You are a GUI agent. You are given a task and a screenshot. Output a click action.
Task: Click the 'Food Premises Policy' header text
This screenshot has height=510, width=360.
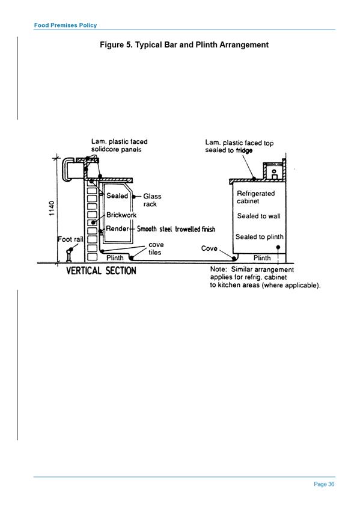pos(66,25)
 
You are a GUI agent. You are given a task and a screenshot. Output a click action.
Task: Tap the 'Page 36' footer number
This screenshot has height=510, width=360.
pos(324,484)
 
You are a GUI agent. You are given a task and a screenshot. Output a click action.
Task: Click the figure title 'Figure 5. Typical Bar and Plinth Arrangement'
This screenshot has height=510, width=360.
pos(185,45)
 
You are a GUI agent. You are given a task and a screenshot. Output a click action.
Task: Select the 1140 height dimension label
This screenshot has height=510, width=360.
pos(51,209)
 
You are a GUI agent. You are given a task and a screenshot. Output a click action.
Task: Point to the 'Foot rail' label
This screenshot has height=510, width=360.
pos(70,239)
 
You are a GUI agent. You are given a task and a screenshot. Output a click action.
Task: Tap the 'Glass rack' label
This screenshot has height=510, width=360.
pos(152,200)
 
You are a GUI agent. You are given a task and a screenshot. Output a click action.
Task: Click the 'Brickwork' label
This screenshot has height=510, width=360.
pos(121,215)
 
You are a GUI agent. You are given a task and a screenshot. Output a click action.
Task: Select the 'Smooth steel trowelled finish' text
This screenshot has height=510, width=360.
pos(176,229)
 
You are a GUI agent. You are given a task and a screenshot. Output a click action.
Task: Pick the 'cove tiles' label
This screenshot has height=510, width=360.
pos(156,248)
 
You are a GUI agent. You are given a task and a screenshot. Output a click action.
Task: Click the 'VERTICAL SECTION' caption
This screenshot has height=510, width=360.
pos(101,271)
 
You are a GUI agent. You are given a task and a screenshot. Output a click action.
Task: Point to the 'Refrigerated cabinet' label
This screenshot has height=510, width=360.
pos(255,197)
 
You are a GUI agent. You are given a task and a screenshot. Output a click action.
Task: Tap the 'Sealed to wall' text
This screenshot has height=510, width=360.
pos(258,216)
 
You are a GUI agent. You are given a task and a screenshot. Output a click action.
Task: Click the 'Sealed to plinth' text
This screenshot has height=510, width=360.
pos(259,237)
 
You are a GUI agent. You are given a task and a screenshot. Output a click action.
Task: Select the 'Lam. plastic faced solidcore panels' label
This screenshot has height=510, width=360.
pos(119,146)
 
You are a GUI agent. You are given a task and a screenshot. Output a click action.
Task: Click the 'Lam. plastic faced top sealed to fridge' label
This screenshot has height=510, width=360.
pos(239,146)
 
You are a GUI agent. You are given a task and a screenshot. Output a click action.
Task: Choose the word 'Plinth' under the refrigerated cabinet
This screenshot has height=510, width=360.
pos(262,258)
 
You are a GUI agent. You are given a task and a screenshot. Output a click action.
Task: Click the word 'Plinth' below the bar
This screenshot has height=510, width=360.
pos(115,257)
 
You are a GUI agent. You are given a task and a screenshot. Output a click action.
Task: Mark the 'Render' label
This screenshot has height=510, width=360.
pos(117,229)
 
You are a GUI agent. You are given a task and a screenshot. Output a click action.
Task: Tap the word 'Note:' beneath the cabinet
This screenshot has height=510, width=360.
pos(218,269)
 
